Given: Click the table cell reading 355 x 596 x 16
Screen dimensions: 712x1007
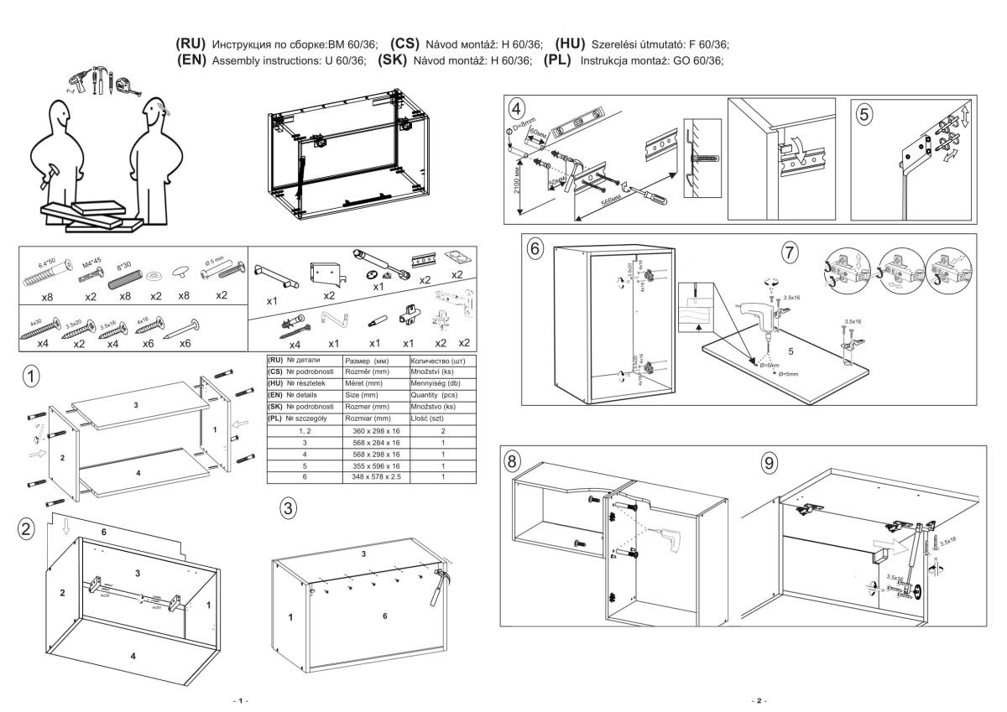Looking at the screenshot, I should (370, 465).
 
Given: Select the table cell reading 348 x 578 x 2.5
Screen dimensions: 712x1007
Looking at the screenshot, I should (370, 476).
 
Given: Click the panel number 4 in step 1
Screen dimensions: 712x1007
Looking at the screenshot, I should (139, 473).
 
